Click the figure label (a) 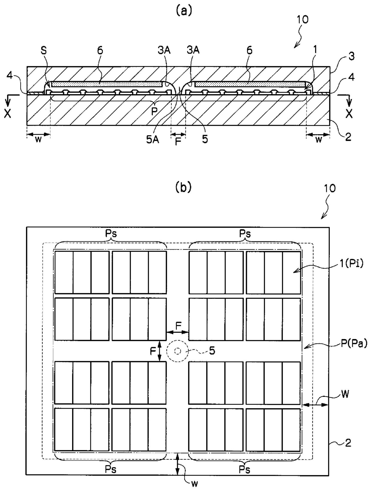point(184,10)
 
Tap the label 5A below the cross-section point(153,140)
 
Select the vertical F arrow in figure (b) point(160,351)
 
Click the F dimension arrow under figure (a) point(178,134)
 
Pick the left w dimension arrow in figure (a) point(38,134)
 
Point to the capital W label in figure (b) point(345,394)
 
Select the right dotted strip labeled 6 point(250,84)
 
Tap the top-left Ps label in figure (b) point(111,234)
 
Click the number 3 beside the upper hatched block point(352,56)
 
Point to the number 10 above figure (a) point(302,19)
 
